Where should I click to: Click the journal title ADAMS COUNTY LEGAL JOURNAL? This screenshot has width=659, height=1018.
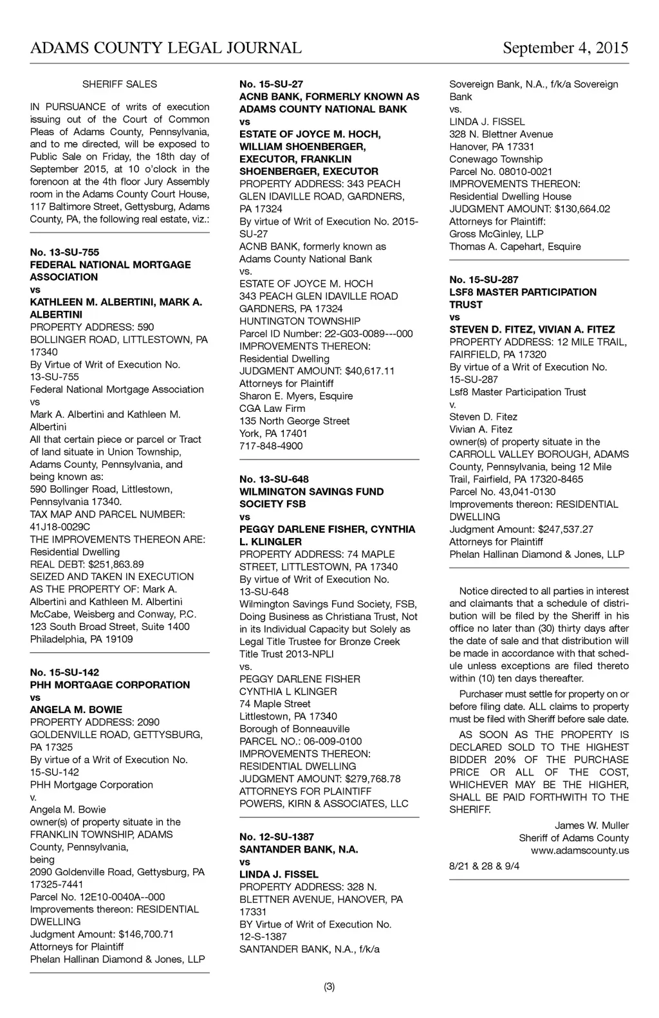tap(165, 48)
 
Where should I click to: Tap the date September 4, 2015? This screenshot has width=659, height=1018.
tap(566, 48)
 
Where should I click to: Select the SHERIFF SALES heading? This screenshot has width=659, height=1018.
tap(120, 84)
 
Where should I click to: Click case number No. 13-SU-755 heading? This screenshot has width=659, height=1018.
tap(64, 252)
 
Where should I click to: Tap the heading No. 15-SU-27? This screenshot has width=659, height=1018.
tap(271, 84)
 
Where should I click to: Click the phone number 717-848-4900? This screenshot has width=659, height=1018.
tap(271, 446)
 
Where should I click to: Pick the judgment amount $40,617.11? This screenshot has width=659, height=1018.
tap(370, 371)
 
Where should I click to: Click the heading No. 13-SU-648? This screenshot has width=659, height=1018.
tap(274, 479)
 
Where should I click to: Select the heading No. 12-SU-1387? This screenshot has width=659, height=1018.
tap(277, 837)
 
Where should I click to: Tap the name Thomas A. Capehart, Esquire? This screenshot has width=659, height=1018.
tap(515, 246)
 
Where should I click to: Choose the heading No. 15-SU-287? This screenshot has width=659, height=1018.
tap(484, 280)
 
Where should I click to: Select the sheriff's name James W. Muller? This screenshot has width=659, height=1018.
tap(591, 826)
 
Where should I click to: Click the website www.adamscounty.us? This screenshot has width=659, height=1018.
tap(580, 851)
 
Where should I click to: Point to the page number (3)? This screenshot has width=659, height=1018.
tap(329, 986)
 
